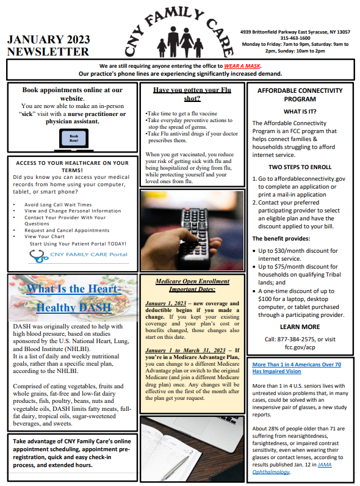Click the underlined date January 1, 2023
[x=167, y=303]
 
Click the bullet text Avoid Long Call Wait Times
[x=58, y=205]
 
